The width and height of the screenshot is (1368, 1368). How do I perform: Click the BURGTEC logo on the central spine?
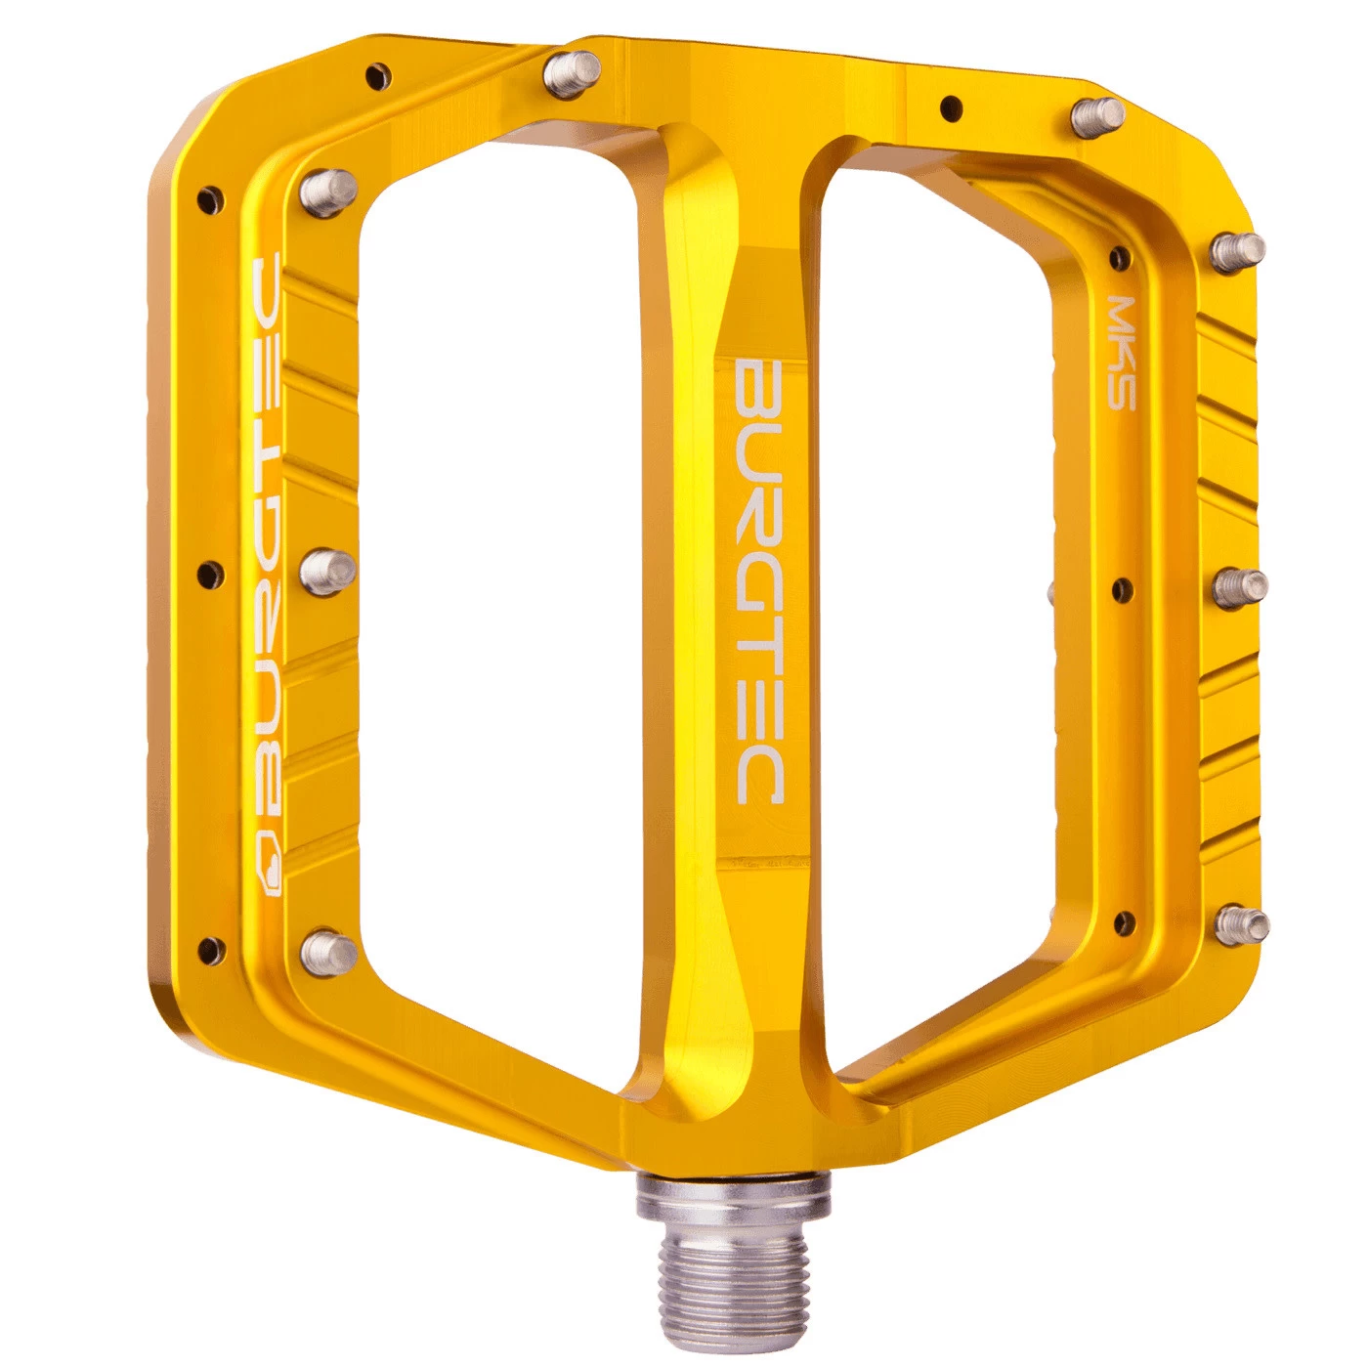(757, 580)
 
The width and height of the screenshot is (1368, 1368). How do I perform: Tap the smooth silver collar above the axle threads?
(733, 1197)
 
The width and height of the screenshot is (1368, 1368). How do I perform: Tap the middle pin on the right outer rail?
(1241, 586)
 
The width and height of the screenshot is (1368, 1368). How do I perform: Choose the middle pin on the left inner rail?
(326, 571)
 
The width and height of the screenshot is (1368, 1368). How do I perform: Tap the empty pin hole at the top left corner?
(377, 72)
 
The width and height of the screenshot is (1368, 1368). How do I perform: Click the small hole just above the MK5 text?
(1120, 257)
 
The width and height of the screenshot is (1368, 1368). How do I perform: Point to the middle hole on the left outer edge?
(209, 571)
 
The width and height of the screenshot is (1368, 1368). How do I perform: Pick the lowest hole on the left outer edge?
(209, 947)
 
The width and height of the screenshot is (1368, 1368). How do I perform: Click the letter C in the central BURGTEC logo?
(757, 778)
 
